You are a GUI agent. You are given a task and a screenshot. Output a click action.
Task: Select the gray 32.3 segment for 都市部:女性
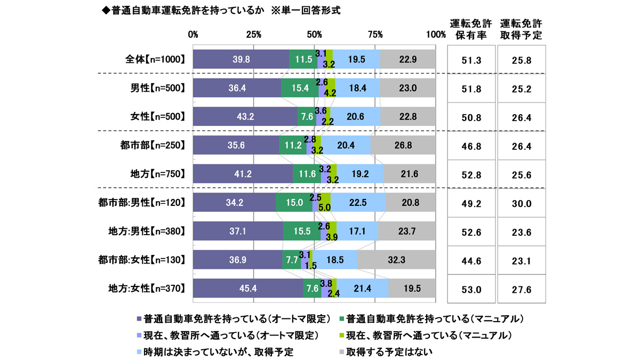tap(396, 260)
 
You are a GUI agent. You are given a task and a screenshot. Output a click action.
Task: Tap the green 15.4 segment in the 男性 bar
tap(300, 87)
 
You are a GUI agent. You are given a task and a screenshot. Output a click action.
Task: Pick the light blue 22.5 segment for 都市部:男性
tap(358, 203)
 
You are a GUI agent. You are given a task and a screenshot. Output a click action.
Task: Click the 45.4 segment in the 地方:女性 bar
tap(247, 289)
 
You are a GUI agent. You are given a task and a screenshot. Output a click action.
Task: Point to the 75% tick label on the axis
tap(375, 35)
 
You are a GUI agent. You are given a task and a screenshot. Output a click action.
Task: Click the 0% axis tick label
tap(193, 35)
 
